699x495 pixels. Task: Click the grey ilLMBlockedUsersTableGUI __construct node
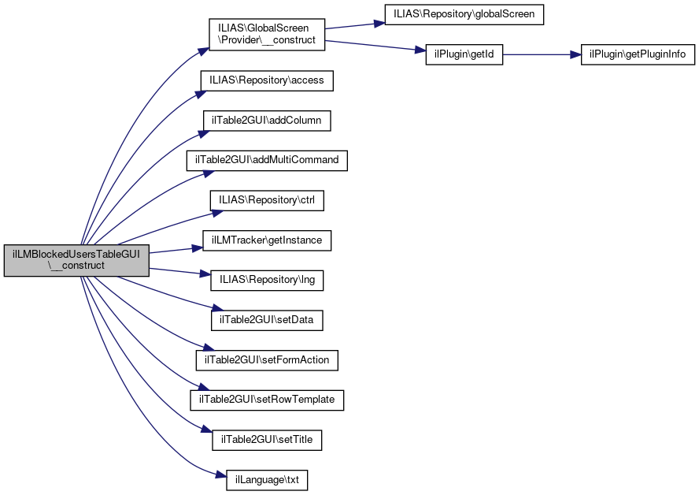click(76, 260)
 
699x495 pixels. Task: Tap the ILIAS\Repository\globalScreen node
click(464, 15)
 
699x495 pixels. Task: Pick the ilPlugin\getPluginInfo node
click(638, 55)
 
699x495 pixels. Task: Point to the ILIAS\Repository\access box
click(268, 80)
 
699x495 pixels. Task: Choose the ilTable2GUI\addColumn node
click(267, 121)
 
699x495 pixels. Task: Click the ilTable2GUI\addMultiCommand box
click(267, 160)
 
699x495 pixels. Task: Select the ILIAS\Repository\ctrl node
click(267, 200)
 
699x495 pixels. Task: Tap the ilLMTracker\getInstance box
click(267, 240)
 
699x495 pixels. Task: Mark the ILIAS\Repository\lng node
click(267, 280)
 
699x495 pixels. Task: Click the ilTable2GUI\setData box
click(267, 320)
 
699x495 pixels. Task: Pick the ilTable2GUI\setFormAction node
click(267, 360)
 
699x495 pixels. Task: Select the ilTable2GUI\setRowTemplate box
click(267, 400)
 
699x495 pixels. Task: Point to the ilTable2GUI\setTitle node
click(267, 440)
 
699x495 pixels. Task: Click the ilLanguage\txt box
click(267, 479)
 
